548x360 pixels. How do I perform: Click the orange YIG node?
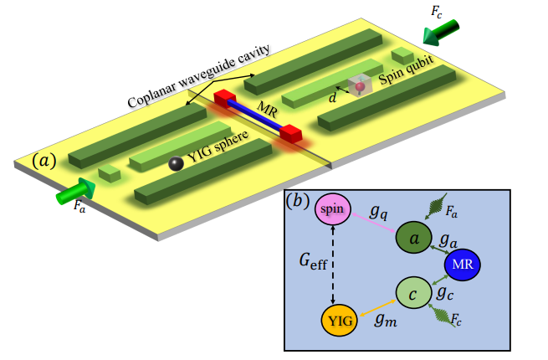(x=339, y=319)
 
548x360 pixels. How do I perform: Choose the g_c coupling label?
(x=444, y=294)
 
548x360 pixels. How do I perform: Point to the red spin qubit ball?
(x=360, y=87)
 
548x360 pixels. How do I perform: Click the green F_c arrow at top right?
(x=442, y=33)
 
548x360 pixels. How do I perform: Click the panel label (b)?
(x=300, y=201)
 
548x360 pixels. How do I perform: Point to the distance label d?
(x=333, y=98)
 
